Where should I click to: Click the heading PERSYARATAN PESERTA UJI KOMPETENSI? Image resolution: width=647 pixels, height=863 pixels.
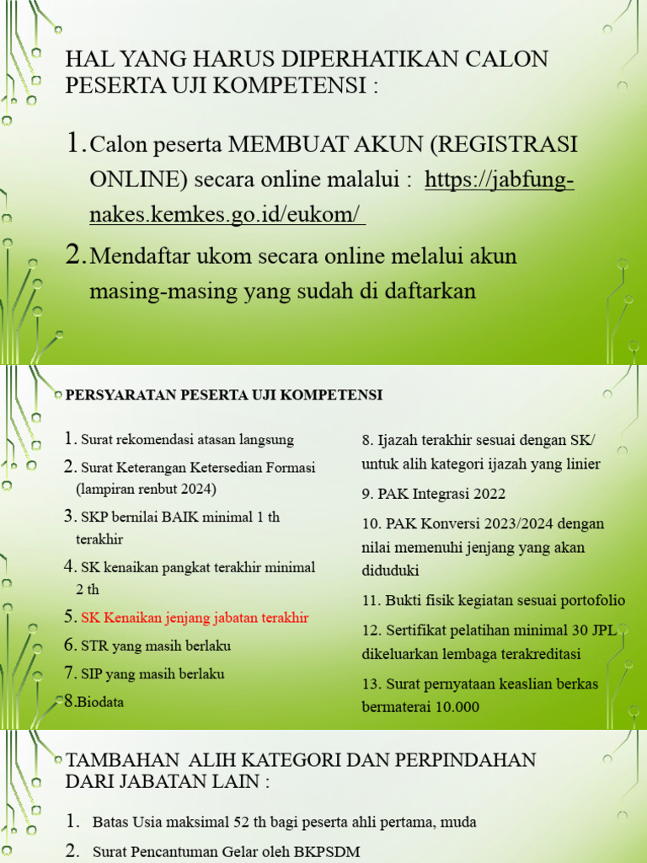coord(224,394)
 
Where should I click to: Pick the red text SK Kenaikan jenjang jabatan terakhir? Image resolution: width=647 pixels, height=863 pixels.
coord(195,617)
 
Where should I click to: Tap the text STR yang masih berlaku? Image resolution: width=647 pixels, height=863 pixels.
coord(156,646)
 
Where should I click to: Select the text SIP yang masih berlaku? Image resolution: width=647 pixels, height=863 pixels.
coord(153,673)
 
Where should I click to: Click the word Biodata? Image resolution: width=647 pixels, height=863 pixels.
coord(100,701)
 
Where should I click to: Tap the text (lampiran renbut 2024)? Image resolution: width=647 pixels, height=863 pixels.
coord(145,489)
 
